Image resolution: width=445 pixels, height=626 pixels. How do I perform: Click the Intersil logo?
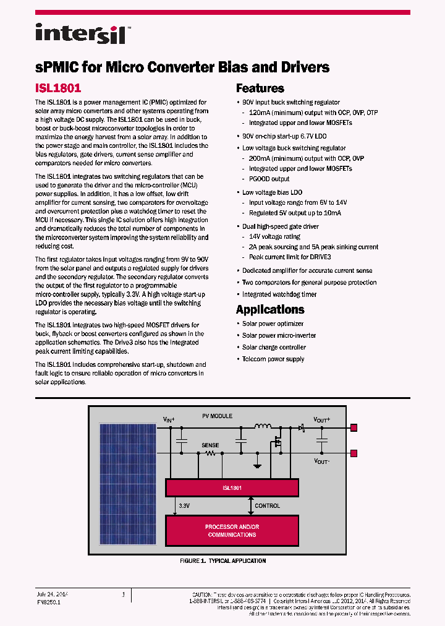click(80, 33)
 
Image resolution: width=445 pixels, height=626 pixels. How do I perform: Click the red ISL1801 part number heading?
click(58, 88)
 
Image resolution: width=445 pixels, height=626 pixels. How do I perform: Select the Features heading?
click(260, 88)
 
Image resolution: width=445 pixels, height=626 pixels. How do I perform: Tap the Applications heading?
click(270, 309)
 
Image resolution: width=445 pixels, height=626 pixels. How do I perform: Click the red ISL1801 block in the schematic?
click(232, 487)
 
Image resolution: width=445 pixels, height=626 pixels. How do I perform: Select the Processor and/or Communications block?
click(232, 531)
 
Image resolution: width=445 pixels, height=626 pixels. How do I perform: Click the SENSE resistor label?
click(210, 445)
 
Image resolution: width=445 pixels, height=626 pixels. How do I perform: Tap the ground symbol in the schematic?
click(258, 465)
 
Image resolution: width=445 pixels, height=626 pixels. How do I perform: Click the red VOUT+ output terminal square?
click(354, 427)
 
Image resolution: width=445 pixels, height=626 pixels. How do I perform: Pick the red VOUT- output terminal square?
click(354, 453)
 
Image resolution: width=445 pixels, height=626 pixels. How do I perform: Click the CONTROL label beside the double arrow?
click(267, 506)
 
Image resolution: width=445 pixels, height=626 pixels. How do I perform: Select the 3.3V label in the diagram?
click(184, 506)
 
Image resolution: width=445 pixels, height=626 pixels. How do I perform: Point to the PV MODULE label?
click(218, 416)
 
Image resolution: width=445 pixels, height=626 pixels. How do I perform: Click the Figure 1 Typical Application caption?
click(222, 561)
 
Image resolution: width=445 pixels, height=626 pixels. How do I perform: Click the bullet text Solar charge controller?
click(274, 347)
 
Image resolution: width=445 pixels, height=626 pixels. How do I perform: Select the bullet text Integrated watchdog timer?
click(279, 294)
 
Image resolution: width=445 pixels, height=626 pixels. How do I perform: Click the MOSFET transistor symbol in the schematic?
click(279, 441)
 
